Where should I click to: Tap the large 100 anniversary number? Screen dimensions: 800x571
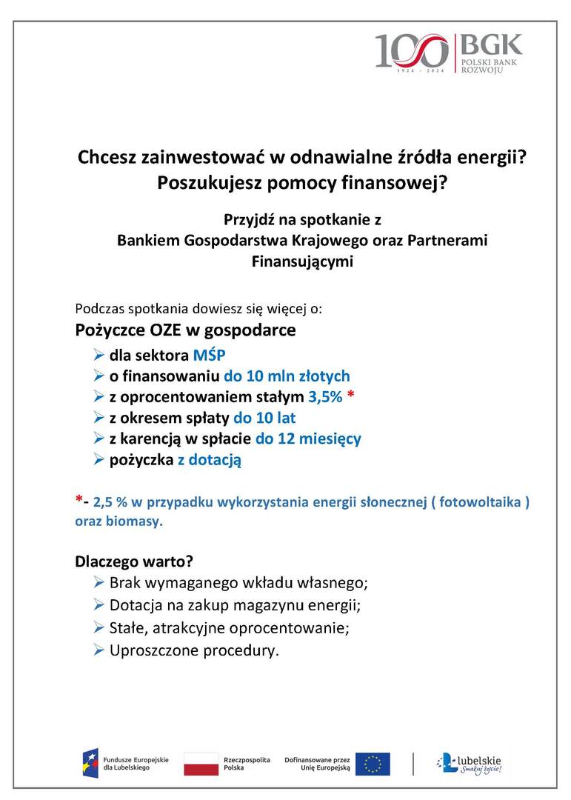(411, 51)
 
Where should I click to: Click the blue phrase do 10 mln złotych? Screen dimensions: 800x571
(287, 376)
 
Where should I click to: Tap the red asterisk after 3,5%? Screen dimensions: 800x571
(350, 395)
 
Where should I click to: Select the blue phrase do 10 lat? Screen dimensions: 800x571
(264, 418)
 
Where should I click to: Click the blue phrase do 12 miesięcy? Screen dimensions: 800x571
(308, 439)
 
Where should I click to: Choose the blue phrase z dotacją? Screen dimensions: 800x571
(209, 459)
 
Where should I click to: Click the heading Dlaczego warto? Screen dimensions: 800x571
(134, 561)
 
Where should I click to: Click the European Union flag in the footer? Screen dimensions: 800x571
(372, 763)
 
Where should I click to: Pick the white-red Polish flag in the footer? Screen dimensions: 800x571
(198, 763)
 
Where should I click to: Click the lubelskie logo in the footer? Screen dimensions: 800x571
(470, 763)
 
